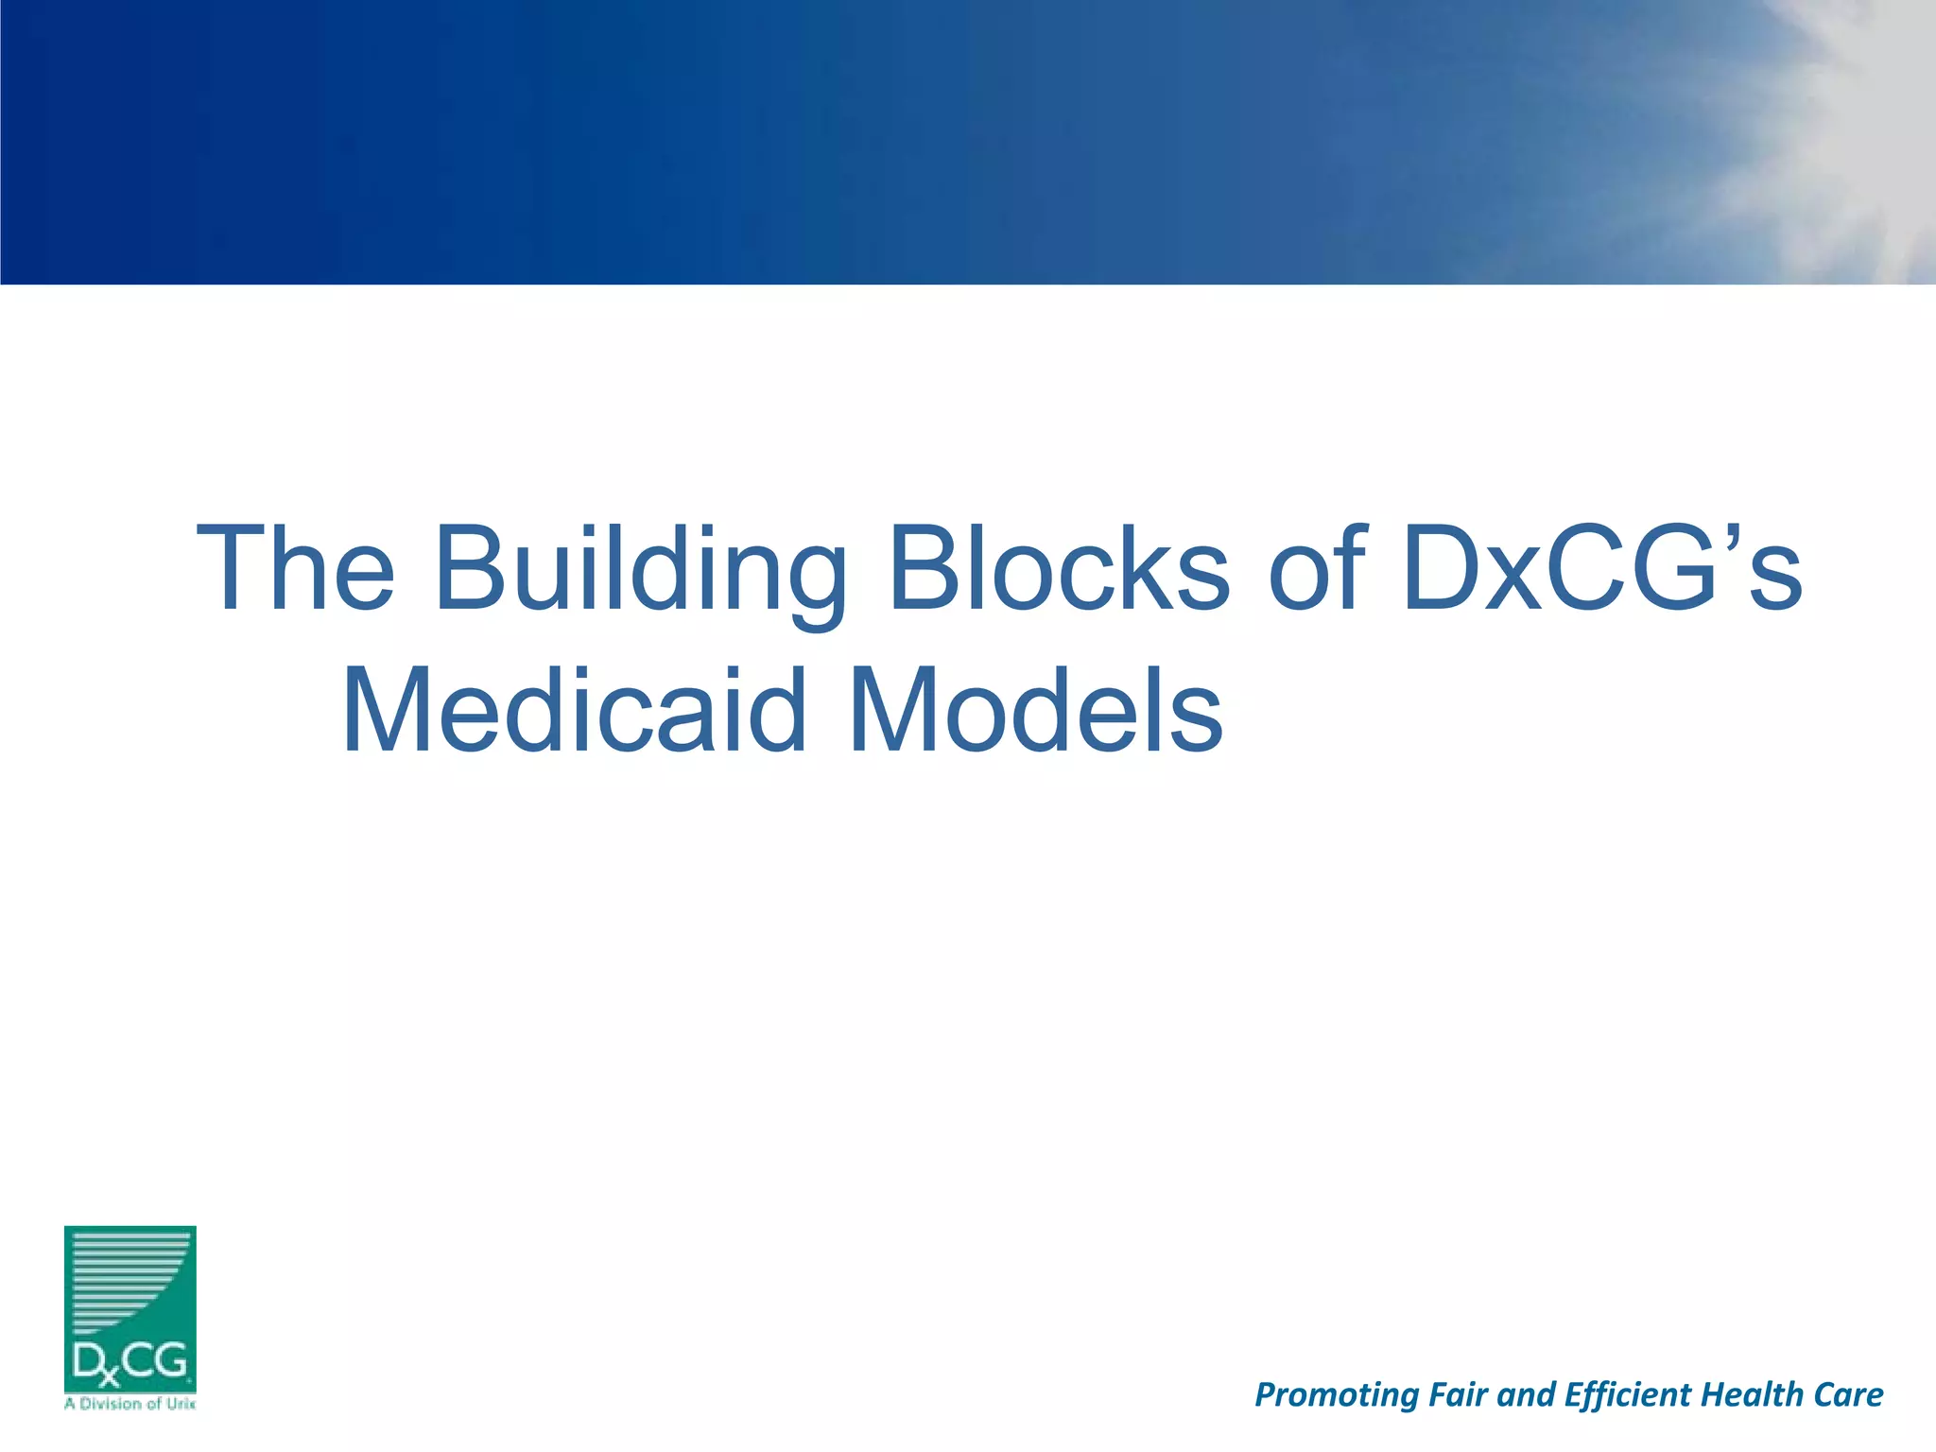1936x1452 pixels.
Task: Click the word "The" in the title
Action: tap(295, 569)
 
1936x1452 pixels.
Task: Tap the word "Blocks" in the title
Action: tap(1060, 569)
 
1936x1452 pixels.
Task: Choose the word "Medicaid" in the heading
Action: tap(575, 711)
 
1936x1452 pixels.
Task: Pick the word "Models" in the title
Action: tap(1036, 711)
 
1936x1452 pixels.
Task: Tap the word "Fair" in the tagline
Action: tap(1459, 1394)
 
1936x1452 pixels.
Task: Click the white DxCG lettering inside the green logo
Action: tap(130, 1363)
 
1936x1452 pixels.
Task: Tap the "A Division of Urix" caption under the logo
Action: tap(130, 1404)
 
